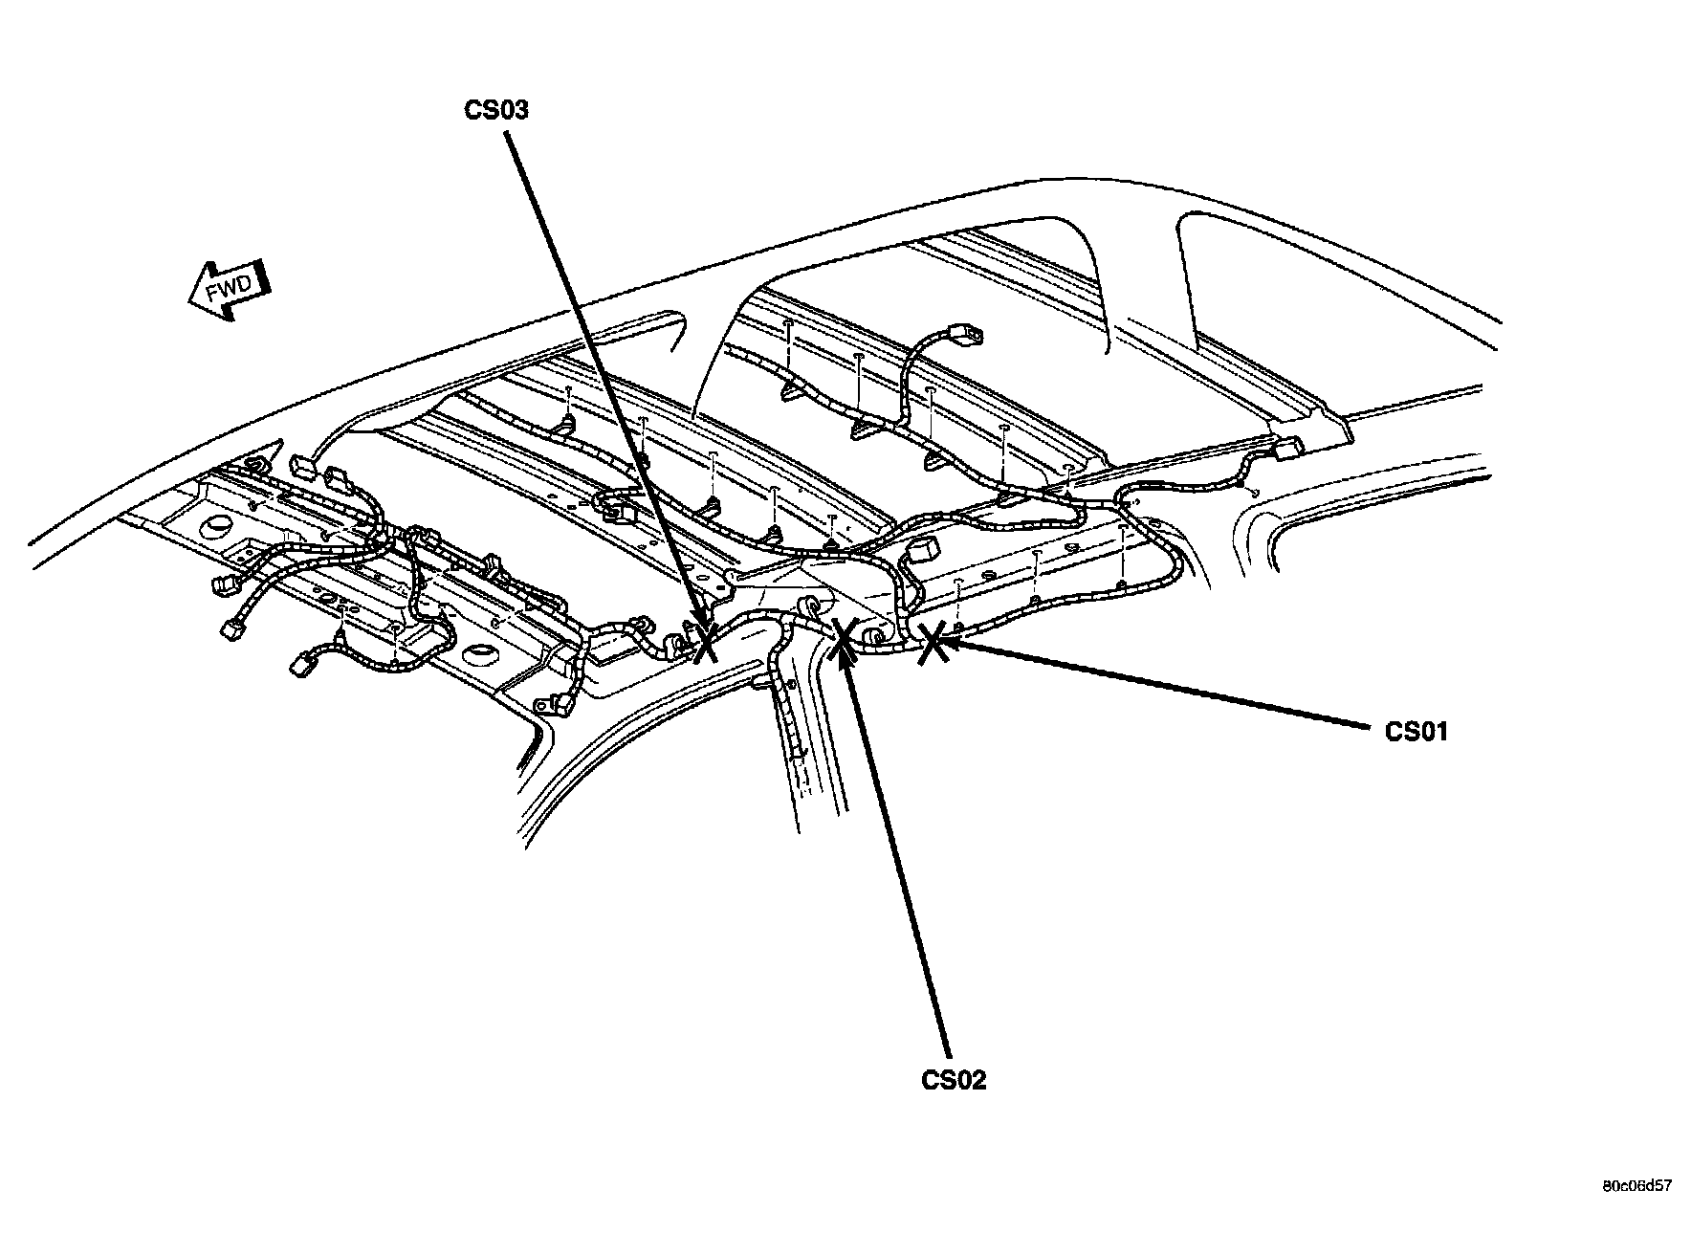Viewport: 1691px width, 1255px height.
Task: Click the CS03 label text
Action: click(x=496, y=110)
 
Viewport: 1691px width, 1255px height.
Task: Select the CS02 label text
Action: click(x=953, y=1080)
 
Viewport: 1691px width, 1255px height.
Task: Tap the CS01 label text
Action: click(x=1416, y=732)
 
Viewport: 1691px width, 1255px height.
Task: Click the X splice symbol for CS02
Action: click(x=843, y=639)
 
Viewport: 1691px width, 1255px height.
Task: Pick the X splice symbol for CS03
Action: click(x=705, y=641)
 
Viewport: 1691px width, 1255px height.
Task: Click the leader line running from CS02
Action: click(x=904, y=861)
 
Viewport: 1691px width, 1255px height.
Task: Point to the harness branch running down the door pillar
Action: click(x=786, y=708)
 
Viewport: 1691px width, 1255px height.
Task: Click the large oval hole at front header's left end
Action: click(x=216, y=524)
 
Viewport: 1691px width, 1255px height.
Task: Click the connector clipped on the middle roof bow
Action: click(x=617, y=508)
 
